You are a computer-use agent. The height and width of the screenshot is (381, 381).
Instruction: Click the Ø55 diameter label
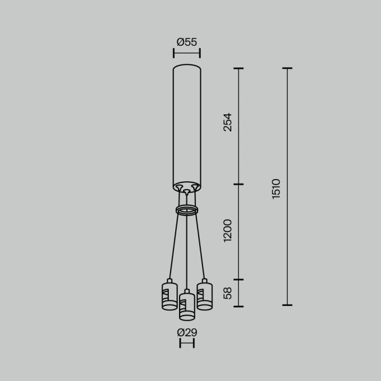[x=187, y=41]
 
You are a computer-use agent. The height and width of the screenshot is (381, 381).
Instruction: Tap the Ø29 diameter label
[x=187, y=333]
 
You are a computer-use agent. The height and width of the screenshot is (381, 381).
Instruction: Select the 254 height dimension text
[x=228, y=122]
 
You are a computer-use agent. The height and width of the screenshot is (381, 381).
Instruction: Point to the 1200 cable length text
[x=228, y=230]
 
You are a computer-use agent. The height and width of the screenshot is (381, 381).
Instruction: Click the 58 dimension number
[x=228, y=293]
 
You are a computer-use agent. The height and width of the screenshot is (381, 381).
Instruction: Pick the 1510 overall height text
[x=276, y=188]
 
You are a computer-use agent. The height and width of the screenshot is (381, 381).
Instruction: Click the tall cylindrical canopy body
[x=187, y=125]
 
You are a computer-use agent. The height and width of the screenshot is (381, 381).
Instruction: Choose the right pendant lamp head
[x=204, y=295]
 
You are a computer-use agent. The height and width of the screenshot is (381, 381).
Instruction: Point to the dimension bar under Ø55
[x=187, y=53]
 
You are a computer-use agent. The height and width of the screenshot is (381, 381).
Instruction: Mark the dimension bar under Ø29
[x=187, y=343]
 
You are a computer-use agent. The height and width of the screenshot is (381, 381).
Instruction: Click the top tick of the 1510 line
[x=287, y=69]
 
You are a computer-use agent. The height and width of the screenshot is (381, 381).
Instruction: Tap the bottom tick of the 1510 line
[x=287, y=305]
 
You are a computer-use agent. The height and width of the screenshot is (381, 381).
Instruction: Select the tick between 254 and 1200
[x=238, y=185]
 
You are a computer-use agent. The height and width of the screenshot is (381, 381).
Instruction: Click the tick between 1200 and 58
[x=238, y=280]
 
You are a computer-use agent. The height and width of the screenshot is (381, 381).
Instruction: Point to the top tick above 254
[x=238, y=69]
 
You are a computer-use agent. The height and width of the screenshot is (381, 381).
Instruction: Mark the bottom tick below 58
[x=238, y=306]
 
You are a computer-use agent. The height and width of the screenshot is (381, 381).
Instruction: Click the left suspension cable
[x=174, y=245]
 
